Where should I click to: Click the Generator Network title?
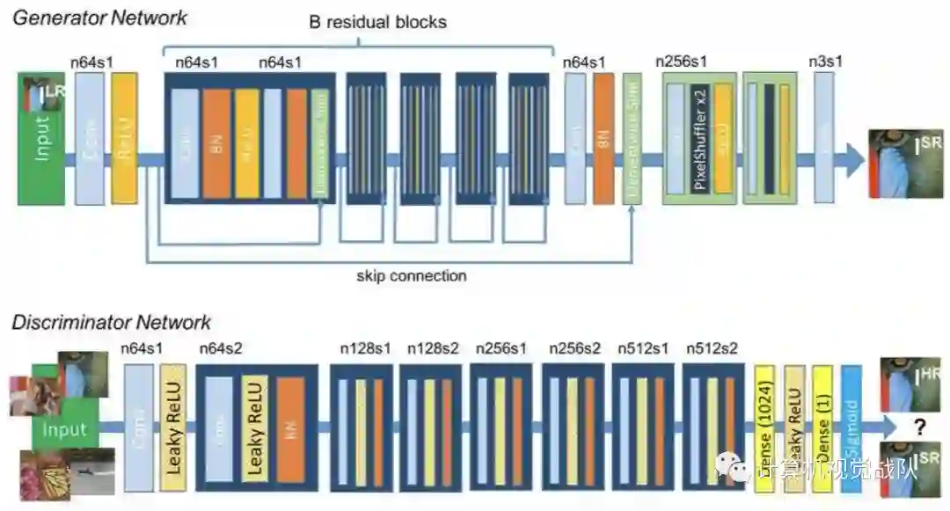coord(99,17)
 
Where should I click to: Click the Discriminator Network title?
coord(111,323)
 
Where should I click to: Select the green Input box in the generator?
coord(42,139)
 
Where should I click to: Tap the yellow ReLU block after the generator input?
coord(125,139)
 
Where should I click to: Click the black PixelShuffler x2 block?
coord(700,139)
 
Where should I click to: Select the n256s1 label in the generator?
coord(682,62)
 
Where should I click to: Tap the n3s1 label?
coord(824,62)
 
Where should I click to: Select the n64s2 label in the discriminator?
coord(221,348)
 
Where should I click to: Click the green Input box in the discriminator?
coord(65,430)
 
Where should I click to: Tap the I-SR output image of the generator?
coord(907,164)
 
